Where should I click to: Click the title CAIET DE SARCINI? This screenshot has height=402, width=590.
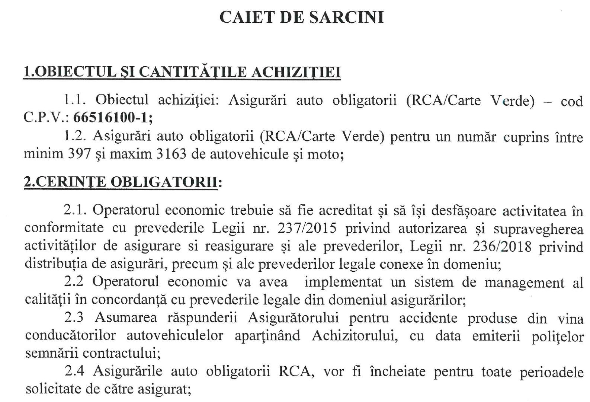(x=301, y=17)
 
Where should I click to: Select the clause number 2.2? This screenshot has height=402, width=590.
(x=73, y=282)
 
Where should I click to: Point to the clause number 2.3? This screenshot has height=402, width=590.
(x=73, y=318)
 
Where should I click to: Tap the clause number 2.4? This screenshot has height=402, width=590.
(x=73, y=371)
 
